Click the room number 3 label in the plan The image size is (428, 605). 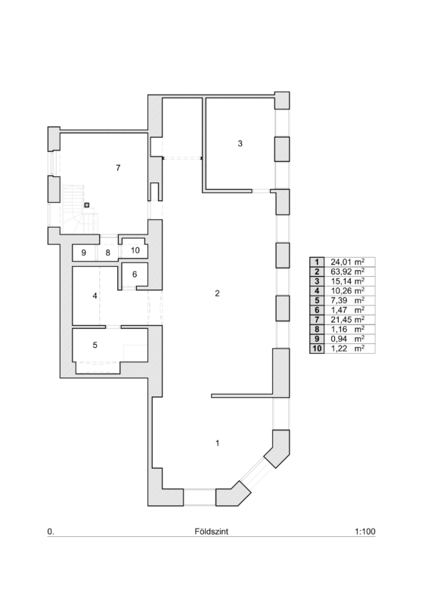tap(240, 144)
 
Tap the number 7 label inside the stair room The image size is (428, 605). tap(118, 168)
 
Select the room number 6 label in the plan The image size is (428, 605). tap(135, 275)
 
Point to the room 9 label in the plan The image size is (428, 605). tap(84, 253)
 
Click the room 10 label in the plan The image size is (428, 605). tap(135, 250)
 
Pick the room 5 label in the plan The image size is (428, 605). tap(95, 345)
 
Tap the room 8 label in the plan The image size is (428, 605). tap(108, 253)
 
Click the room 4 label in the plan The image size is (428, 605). tap(95, 296)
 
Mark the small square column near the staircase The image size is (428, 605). tap(87, 205)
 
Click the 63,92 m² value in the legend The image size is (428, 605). tap(347, 271)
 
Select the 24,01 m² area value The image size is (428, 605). tap(347, 262)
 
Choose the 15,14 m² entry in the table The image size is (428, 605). tap(347, 281)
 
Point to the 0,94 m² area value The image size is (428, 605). tap(347, 339)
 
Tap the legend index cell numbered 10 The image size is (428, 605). tap(317, 349)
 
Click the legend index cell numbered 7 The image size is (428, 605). tap(317, 320)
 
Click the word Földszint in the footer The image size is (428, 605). tap(212, 532)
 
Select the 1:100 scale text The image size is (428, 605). tap(364, 532)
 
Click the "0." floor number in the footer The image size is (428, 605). tap(51, 532)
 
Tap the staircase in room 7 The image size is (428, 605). tap(79, 209)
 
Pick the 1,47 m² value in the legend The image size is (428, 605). tap(347, 310)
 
